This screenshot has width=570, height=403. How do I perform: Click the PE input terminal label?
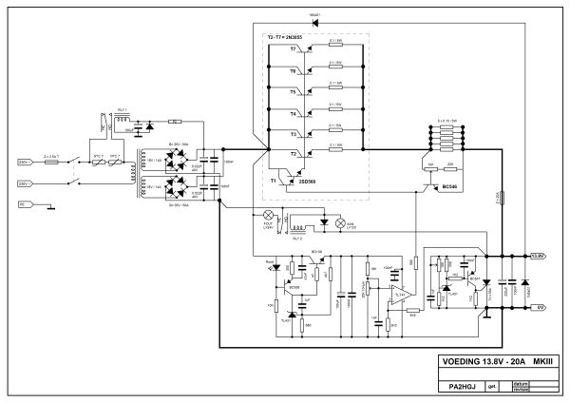pos(22,204)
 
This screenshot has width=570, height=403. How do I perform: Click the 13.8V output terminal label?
pos(537,256)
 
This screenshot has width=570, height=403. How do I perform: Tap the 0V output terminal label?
pos(537,308)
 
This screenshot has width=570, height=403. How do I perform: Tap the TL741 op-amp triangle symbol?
pos(402,297)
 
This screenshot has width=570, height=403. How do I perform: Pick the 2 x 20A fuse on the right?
pos(501,200)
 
